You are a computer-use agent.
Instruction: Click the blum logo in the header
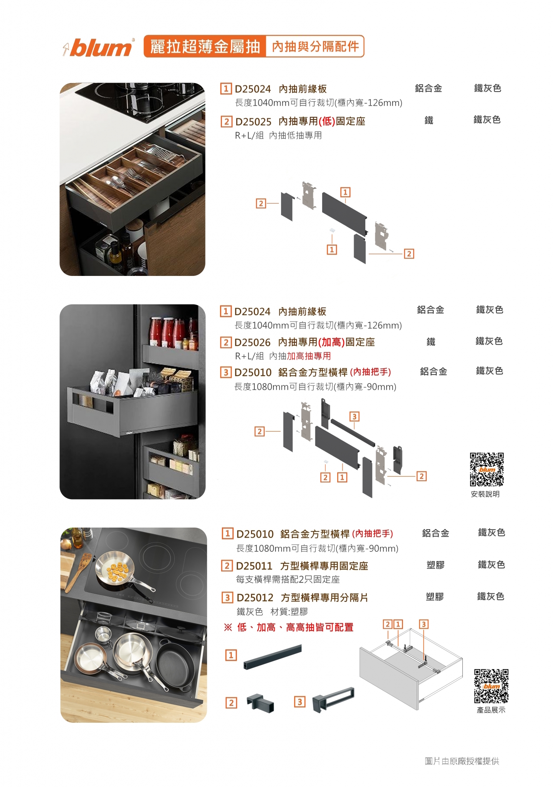click(98, 47)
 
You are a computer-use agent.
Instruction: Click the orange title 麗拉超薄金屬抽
click(205, 46)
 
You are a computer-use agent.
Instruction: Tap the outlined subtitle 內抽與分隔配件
click(315, 46)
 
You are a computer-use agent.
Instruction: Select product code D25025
click(253, 122)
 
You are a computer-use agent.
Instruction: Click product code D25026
click(252, 342)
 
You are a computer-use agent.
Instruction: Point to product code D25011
click(254, 566)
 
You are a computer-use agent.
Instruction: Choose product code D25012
click(255, 598)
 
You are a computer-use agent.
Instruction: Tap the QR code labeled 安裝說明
click(487, 469)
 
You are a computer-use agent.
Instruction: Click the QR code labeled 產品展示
click(491, 686)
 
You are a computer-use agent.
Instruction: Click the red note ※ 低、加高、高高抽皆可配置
click(288, 628)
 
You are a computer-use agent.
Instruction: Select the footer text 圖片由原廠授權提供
click(462, 761)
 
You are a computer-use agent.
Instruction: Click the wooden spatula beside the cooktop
click(78, 571)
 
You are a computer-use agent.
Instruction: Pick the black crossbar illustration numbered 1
click(272, 657)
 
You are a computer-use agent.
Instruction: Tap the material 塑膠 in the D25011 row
click(435, 565)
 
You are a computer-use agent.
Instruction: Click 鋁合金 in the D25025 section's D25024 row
click(429, 89)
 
